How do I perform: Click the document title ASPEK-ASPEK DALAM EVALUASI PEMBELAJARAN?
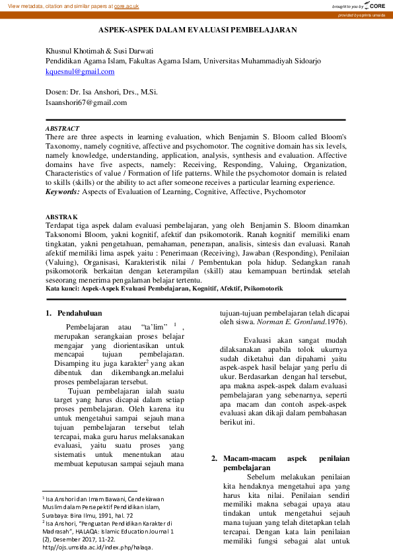click(197, 30)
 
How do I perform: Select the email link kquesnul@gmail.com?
click(79, 71)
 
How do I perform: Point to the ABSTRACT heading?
click(62, 128)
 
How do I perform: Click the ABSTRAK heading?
click(61, 217)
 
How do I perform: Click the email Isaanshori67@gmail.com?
click(85, 102)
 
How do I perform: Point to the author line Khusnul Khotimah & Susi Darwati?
click(99, 51)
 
